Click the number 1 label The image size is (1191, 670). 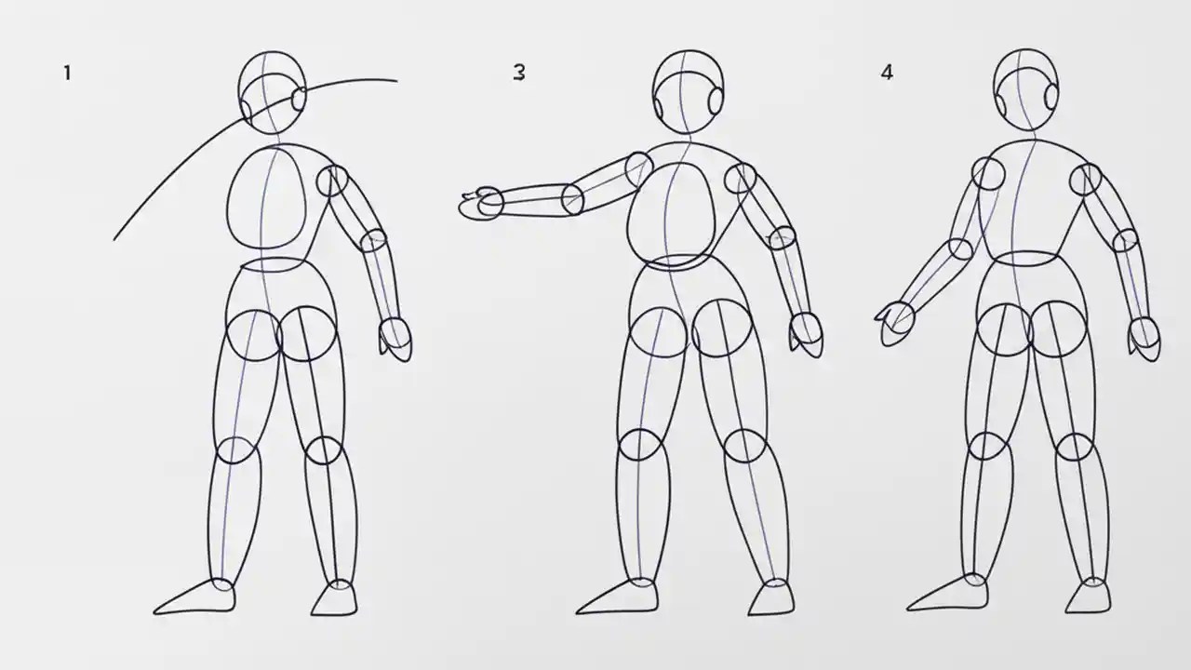(x=67, y=73)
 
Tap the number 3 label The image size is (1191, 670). (x=519, y=73)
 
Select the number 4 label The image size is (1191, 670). (x=887, y=73)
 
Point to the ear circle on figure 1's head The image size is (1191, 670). (x=300, y=100)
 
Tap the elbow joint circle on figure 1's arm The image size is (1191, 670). (x=373, y=240)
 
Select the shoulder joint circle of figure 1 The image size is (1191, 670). (x=332, y=181)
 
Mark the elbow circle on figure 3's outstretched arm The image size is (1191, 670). (x=572, y=198)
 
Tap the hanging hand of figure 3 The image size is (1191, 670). (x=806, y=332)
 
